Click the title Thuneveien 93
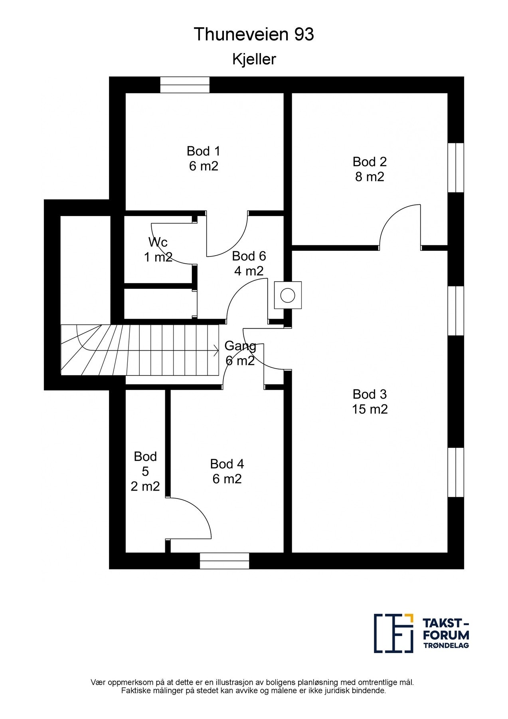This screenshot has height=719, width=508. tap(254, 35)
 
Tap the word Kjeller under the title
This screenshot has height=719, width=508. tap(254, 60)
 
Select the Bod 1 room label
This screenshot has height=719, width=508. tap(204, 151)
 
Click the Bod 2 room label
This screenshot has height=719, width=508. tap(370, 162)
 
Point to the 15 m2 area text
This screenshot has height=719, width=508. tap(370, 409)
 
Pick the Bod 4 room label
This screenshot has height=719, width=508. tap(227, 464)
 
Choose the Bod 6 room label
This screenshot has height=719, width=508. tap(249, 256)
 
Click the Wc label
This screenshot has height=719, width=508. tap(158, 242)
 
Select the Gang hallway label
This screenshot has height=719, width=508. tap(240, 346)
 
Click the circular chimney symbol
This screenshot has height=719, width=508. tap(287, 295)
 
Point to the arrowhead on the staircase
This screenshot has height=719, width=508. tap(216, 351)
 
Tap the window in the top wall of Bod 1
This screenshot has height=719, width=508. tap(185, 85)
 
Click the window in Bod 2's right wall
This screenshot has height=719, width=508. tap(456, 168)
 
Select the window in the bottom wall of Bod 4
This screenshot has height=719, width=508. tap(224, 561)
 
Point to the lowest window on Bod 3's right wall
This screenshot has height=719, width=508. tap(456, 473)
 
